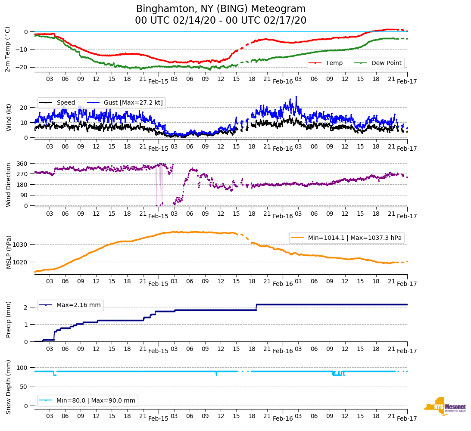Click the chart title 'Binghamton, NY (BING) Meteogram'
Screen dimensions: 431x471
221,9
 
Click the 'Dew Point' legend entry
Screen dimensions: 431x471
386,63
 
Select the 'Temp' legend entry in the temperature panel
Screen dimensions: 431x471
334,63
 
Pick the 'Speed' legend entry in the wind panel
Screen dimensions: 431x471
66,103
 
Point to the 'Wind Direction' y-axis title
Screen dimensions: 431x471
8,185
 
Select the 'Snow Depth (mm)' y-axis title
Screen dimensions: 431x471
8,386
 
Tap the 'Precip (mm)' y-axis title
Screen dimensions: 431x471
8,319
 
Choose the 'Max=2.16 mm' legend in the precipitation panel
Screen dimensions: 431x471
78,305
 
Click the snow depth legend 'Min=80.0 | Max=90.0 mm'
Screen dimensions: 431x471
96,400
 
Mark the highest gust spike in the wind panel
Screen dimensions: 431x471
296,97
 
